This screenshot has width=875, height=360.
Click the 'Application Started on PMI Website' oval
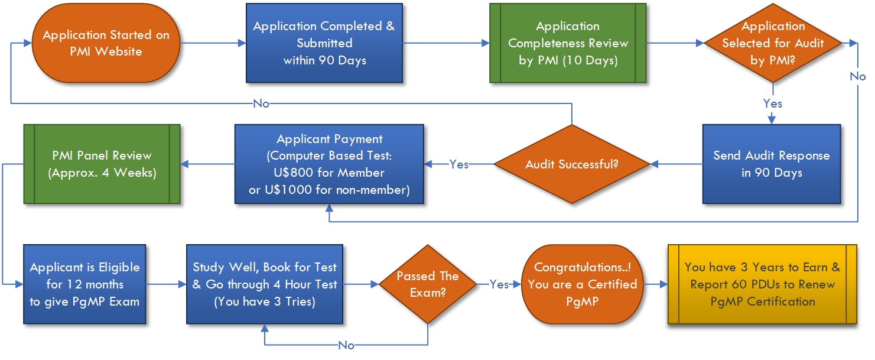pos(106,43)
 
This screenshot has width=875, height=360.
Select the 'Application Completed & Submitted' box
pos(324,43)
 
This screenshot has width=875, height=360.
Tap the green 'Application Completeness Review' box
pos(568,43)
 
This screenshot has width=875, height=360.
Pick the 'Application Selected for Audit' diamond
pos(773,43)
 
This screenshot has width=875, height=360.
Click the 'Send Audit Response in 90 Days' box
pos(772,164)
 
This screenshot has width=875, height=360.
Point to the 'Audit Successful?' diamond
pos(572,164)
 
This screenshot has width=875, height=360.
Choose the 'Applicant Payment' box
pos(329,164)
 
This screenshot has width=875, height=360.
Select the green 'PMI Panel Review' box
pos(102,164)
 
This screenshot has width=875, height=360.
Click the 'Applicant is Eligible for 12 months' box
pos(84,284)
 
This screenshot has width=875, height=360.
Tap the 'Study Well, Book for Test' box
pos(265,284)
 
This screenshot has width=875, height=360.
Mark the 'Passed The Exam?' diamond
pos(428,284)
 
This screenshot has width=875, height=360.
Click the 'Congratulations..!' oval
pos(583,284)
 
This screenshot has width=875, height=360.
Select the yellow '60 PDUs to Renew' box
pos(763,284)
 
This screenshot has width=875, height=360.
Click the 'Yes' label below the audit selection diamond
pos(773,103)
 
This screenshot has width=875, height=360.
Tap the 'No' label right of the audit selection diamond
pos(858,76)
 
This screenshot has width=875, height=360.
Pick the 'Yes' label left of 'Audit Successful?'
pos(458,164)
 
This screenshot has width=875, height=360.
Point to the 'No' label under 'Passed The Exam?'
pos(346,345)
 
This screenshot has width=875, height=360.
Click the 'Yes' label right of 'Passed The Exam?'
pos(499,284)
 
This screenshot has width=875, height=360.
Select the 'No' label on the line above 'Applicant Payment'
pos(261,103)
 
